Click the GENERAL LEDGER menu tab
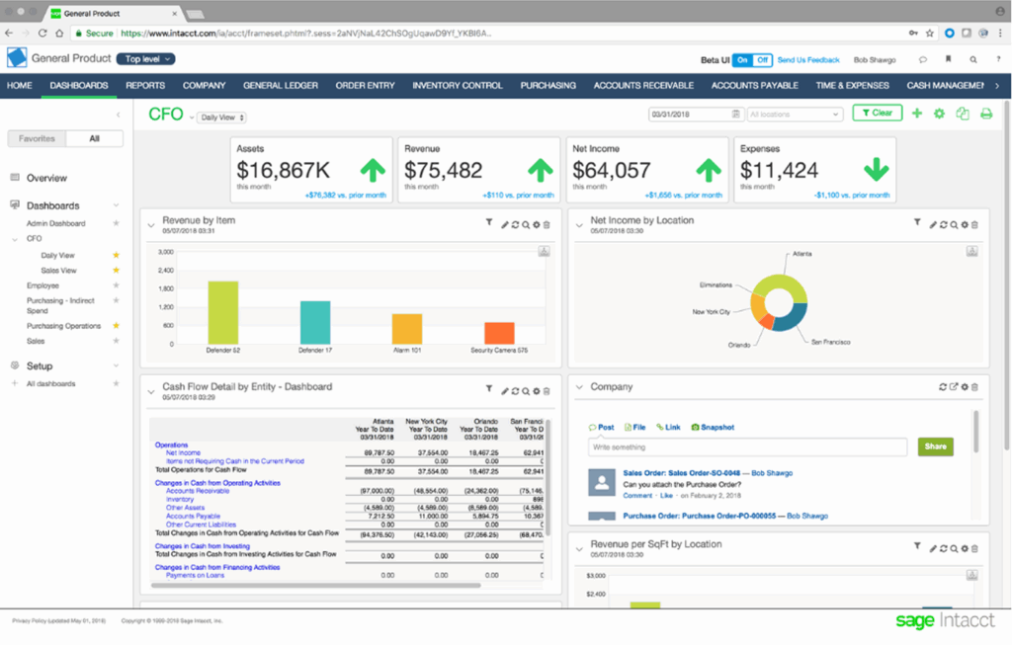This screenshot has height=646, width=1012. tap(281, 86)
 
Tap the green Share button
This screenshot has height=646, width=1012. tap(935, 446)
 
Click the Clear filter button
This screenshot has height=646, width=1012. tap(877, 114)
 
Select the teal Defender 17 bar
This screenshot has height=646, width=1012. tap(314, 322)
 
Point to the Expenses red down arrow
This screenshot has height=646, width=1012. tap(877, 170)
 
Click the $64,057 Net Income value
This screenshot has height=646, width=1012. tap(612, 170)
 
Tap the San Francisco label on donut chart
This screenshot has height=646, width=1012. tap(830, 342)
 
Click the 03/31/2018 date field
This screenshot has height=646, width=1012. tap(690, 115)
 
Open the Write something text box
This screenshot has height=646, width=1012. tap(747, 447)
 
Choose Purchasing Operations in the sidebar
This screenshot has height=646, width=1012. tap(63, 325)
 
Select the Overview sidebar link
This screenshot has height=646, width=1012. tap(46, 178)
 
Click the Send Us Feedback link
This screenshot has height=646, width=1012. tap(807, 60)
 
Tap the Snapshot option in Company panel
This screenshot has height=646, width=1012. tap(717, 428)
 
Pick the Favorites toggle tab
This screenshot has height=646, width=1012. tap(37, 139)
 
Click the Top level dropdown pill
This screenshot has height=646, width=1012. tap(145, 59)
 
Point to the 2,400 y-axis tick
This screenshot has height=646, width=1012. tap(165, 270)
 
